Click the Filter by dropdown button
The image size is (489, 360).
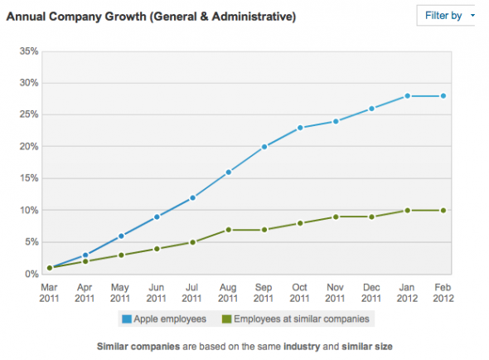[448, 15]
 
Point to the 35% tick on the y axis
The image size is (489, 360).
[28, 51]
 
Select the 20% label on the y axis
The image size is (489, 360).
[28, 147]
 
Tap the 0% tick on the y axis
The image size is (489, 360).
[31, 274]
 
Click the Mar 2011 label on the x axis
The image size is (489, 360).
[49, 292]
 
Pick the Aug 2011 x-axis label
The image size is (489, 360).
[228, 292]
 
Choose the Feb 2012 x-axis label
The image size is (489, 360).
[443, 292]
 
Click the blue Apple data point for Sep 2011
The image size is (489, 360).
[264, 147]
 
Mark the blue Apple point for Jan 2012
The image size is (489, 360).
[408, 96]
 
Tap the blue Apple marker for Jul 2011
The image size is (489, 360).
[192, 197]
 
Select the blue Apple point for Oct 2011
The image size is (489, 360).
[300, 128]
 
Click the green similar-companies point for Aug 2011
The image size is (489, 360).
[229, 229]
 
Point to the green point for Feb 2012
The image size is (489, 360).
[443, 210]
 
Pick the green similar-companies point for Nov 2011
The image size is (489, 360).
[336, 216]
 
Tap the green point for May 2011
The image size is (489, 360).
[121, 255]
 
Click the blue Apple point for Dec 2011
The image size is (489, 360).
[371, 109]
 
